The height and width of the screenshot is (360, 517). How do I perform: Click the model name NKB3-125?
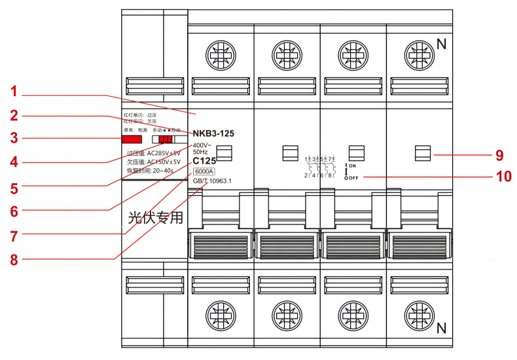point(213,133)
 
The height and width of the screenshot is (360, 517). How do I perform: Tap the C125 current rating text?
point(204,160)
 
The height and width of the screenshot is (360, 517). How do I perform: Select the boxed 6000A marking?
point(204,171)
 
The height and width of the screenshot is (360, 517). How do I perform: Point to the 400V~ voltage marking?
point(202,145)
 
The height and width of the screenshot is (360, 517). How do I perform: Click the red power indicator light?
point(132,139)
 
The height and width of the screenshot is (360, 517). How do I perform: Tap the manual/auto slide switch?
point(165,139)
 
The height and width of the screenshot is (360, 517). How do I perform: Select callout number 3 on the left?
point(14,138)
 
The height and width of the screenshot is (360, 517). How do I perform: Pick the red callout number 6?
point(14,211)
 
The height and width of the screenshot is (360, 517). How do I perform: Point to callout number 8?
point(14,258)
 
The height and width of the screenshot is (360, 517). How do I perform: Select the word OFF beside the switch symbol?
point(353,177)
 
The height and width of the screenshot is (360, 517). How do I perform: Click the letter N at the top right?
point(441,45)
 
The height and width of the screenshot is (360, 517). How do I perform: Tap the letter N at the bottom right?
point(441,327)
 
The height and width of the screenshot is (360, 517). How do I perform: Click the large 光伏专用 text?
point(154,218)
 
